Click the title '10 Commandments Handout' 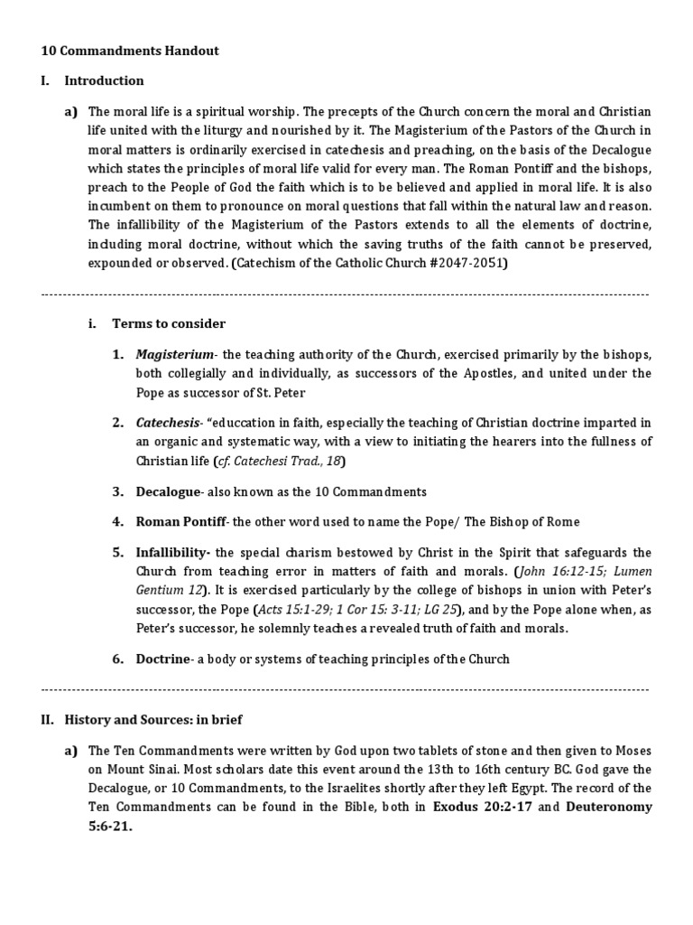click(x=130, y=51)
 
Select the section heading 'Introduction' click(x=104, y=80)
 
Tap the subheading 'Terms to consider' click(x=169, y=323)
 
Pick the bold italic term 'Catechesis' click(x=169, y=422)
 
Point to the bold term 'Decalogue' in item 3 click(x=168, y=491)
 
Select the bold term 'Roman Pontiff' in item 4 click(x=181, y=521)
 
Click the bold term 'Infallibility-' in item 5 click(x=173, y=552)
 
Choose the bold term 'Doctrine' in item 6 click(x=163, y=659)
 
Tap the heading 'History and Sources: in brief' click(x=152, y=720)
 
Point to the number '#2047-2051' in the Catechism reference click(x=468, y=264)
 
